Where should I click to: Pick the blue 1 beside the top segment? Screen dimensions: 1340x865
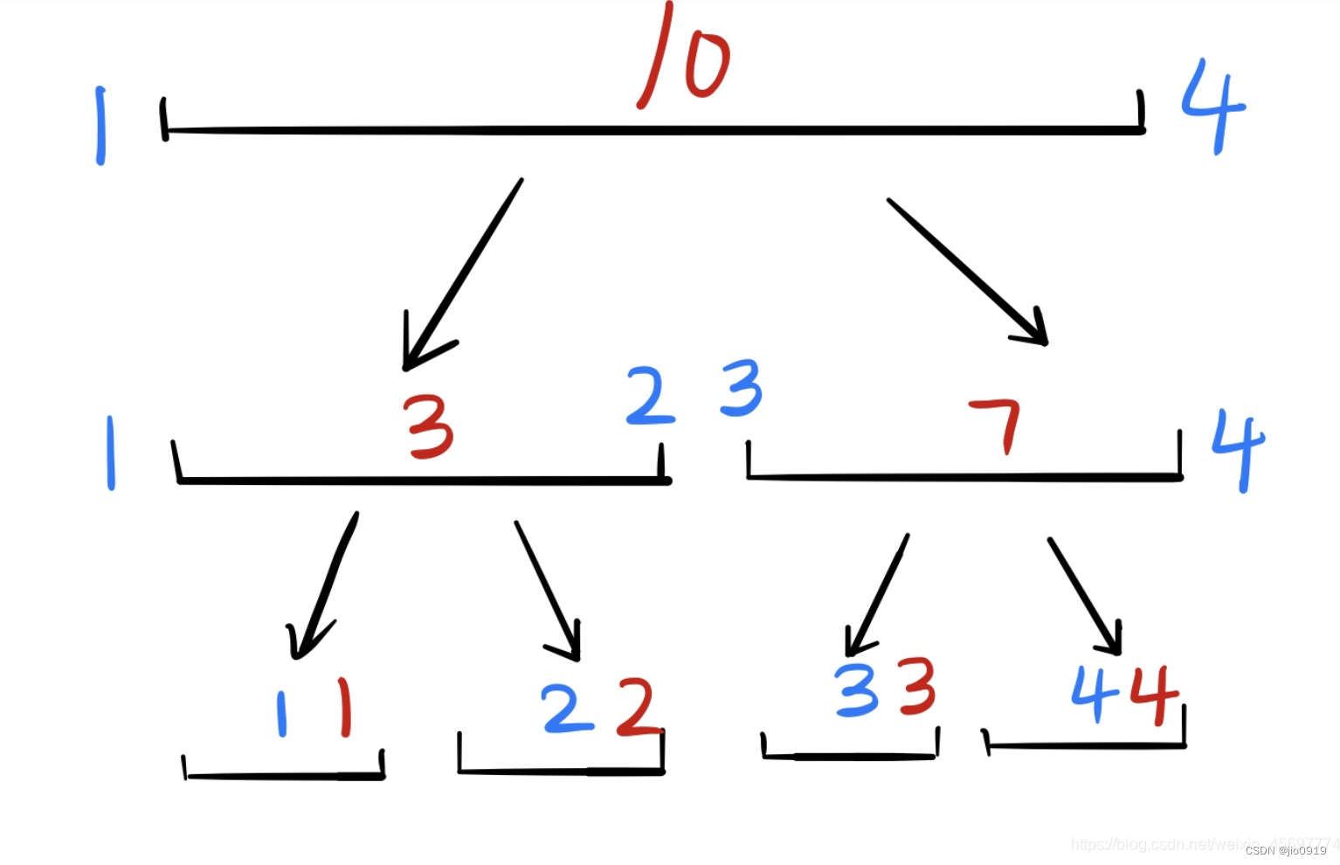(x=101, y=126)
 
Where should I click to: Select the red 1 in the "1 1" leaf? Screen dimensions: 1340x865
(x=345, y=708)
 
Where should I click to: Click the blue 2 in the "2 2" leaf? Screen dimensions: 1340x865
(x=566, y=708)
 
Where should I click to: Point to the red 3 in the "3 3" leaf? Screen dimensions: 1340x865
(x=917, y=687)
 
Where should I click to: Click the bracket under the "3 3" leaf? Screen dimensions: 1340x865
(x=850, y=756)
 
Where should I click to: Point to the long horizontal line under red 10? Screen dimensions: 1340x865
(x=655, y=131)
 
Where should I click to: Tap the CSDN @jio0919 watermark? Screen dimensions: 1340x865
(x=1286, y=850)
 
